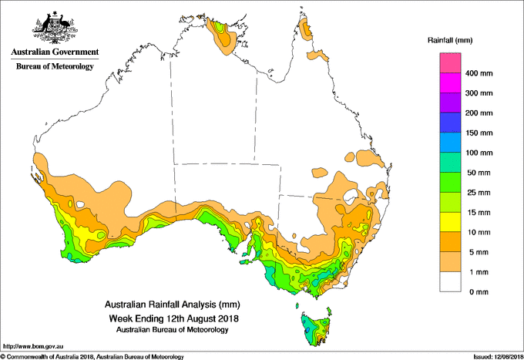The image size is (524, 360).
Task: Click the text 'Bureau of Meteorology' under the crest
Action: [55, 66]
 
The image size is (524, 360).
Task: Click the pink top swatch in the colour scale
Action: [450, 63]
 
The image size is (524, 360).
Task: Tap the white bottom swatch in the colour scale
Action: [450, 281]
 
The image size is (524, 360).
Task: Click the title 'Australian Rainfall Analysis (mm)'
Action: [171, 304]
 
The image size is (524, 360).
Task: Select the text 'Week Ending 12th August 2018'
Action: [171, 318]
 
